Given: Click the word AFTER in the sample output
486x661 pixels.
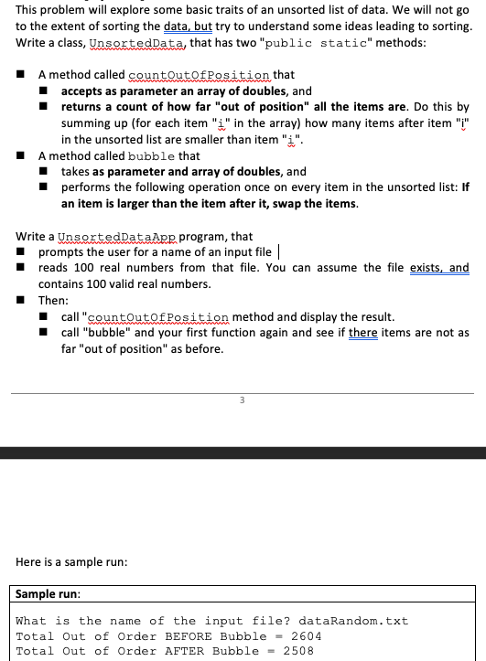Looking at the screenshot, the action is [186, 650].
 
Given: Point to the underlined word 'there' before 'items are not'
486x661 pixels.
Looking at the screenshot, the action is [363, 333].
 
